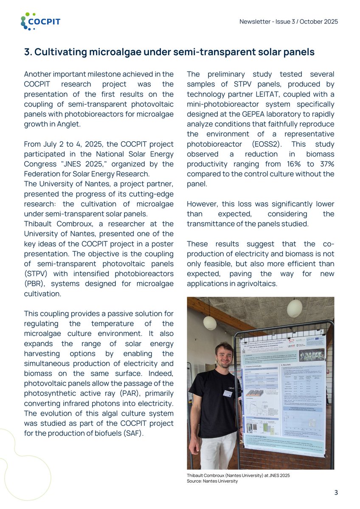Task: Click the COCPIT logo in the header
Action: pyautogui.click(x=40, y=21)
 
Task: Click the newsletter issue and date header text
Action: pyautogui.click(x=289, y=22)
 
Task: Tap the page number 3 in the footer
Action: pyautogui.click(x=336, y=492)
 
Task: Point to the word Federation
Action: pyautogui.click(x=42, y=174)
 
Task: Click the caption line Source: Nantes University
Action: pyautogui.click(x=212, y=481)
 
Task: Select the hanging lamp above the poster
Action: pyautogui.click(x=294, y=308)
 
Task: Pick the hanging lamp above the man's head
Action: pyautogui.click(x=210, y=322)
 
